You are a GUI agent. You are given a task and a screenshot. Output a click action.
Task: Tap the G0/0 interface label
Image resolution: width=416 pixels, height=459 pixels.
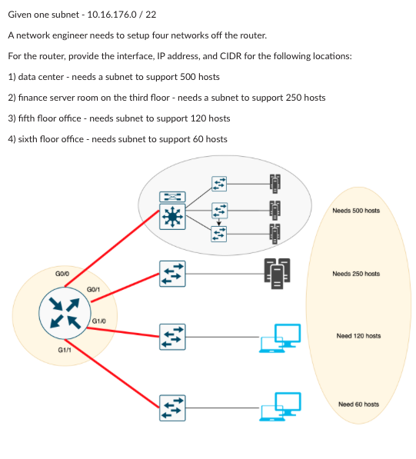point(62,274)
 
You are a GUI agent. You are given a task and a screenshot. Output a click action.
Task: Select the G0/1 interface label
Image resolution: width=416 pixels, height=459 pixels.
point(95,288)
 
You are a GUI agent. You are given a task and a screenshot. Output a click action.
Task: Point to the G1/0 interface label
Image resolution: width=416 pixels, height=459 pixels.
point(98,320)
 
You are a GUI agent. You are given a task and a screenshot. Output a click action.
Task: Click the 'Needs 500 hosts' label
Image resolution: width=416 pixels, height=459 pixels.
point(355,211)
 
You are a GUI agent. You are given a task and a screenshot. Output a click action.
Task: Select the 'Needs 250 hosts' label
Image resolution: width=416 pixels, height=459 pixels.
point(355,274)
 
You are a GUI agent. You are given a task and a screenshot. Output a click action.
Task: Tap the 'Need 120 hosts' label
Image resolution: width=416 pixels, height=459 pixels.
point(358,336)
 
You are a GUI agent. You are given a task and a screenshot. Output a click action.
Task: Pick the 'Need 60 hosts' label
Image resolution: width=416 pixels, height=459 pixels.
point(358,404)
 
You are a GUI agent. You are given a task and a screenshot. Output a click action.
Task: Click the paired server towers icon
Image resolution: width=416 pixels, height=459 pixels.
point(276,274)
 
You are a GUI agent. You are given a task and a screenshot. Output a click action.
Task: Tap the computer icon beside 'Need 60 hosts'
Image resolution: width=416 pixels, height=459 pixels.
point(280,406)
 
